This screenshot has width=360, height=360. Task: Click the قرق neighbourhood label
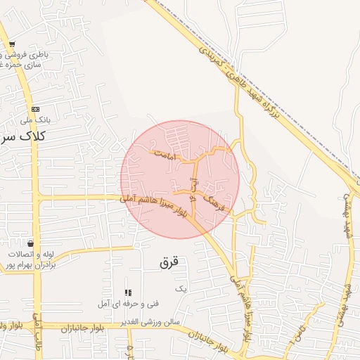[169, 263]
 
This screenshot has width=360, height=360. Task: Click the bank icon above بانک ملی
[34, 108]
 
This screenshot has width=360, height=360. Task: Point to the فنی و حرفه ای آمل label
[132, 304]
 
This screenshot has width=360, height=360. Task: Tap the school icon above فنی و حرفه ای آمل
[128, 292]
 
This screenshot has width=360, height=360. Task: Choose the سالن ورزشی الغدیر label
[150, 321]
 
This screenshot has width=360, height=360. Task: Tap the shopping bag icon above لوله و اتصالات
[30, 243]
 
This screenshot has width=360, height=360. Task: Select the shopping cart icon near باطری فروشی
[12, 45]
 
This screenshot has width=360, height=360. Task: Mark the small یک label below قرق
[181, 289]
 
